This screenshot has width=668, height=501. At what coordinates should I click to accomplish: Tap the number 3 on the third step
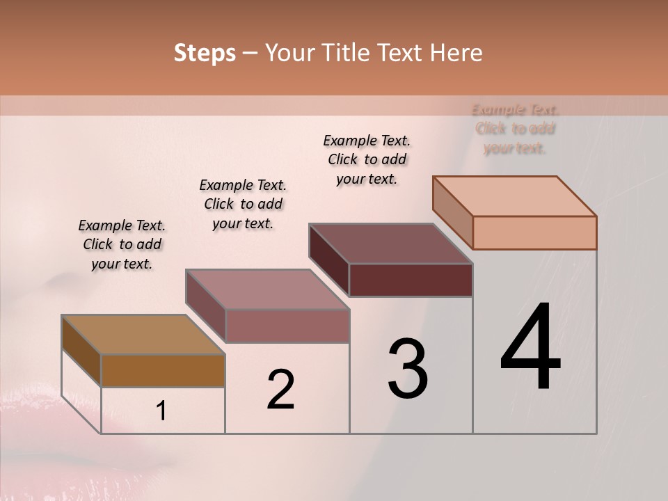pos(407,368)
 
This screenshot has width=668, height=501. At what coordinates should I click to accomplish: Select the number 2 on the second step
pos(280,389)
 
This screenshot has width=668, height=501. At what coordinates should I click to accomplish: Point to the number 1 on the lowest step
pos(161,411)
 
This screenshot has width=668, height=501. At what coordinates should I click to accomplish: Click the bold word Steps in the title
pos(205,53)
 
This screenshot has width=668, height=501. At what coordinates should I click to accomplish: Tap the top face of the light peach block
pos(514,196)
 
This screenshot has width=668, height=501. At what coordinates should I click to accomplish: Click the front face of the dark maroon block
pos(411,280)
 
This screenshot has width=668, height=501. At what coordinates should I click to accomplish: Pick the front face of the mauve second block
pos(287,326)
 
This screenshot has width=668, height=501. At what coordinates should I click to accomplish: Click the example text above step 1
pos(122,244)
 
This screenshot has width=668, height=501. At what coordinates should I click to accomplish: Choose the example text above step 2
pos(243,204)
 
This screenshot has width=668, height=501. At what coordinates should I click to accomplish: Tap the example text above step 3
pos(367,159)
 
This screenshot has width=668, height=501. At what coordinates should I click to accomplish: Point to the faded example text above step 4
pos(515,129)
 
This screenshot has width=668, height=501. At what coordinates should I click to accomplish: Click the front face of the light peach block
pos(534,232)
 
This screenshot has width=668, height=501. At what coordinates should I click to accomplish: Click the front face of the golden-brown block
pos(163,370)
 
